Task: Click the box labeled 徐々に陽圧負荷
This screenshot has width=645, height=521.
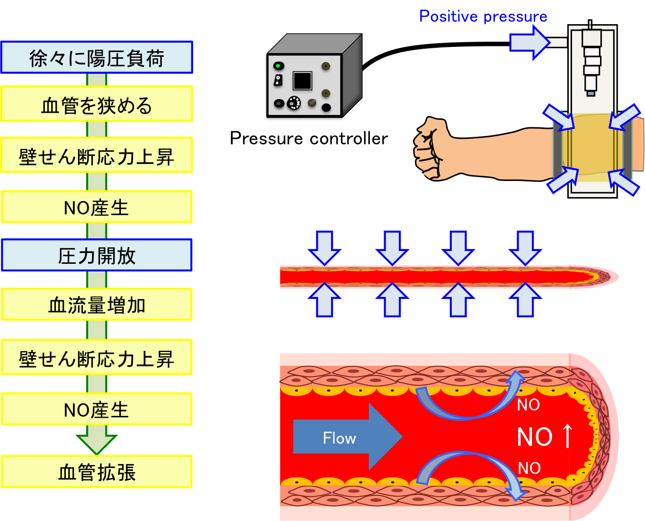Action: point(97,57)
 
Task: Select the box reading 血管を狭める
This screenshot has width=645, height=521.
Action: point(97,104)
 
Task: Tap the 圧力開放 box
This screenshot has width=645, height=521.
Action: point(97,255)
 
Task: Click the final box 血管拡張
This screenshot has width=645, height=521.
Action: point(97,472)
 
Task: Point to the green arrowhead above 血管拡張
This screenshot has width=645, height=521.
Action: point(97,444)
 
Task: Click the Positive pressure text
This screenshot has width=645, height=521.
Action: point(483,16)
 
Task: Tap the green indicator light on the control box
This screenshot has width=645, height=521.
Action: point(279,65)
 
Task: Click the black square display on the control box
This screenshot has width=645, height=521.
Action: point(302,81)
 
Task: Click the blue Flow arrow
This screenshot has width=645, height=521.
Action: point(346,437)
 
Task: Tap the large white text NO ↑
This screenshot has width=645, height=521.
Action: point(545,437)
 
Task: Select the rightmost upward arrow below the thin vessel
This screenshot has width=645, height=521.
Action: point(525,300)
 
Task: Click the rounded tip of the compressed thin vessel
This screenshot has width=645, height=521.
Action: point(609,277)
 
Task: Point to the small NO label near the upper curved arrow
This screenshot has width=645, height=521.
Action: point(528,405)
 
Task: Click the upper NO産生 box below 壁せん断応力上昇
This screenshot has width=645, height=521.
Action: point(97,207)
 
